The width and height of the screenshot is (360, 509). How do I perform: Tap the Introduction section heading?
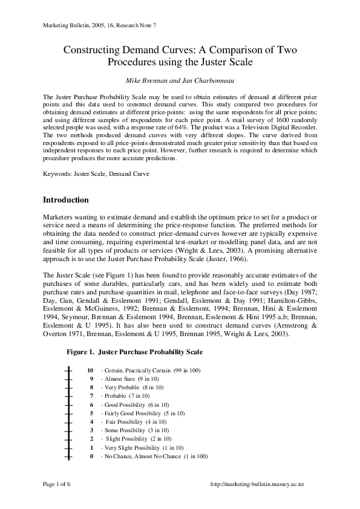[x=66, y=200]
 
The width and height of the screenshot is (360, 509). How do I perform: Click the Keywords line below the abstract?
[x=96, y=173]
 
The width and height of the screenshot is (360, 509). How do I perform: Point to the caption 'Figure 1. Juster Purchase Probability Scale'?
[x=134, y=352]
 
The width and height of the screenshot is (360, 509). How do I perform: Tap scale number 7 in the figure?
[x=91, y=395]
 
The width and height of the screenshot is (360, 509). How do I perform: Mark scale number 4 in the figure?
[x=91, y=421]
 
